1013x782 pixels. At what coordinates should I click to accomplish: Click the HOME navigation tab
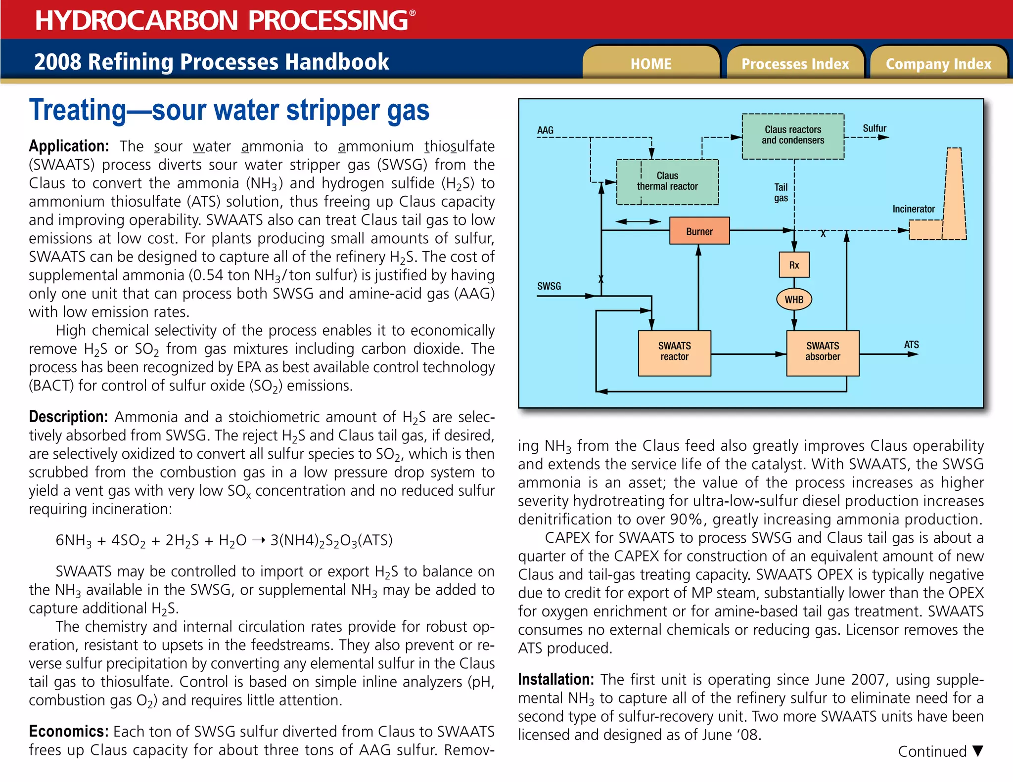pyautogui.click(x=651, y=64)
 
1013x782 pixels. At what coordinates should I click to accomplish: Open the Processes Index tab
pyautogui.click(x=795, y=64)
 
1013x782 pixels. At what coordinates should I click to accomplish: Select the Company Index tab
pyautogui.click(x=938, y=64)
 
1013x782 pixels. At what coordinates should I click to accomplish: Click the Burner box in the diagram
pyautogui.click(x=699, y=231)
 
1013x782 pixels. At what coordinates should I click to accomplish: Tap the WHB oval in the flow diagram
pyautogui.click(x=793, y=300)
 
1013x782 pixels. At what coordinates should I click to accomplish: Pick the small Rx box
pyautogui.click(x=793, y=265)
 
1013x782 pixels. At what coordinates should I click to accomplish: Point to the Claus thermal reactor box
pyautogui.click(x=667, y=181)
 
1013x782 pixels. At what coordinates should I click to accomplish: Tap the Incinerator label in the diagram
pyautogui.click(x=913, y=209)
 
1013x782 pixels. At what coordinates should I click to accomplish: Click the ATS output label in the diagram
pyautogui.click(x=911, y=345)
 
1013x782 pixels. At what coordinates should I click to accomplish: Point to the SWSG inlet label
pyautogui.click(x=549, y=286)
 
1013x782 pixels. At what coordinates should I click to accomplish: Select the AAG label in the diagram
pyautogui.click(x=545, y=130)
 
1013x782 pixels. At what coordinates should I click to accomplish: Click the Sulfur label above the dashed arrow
pyautogui.click(x=874, y=129)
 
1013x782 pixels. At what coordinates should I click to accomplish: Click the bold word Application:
pyautogui.click(x=69, y=146)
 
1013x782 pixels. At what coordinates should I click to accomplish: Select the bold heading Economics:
pyautogui.click(x=68, y=731)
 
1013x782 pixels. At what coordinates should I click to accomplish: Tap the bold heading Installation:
pyautogui.click(x=555, y=680)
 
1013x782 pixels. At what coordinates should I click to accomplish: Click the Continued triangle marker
pyautogui.click(x=977, y=751)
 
